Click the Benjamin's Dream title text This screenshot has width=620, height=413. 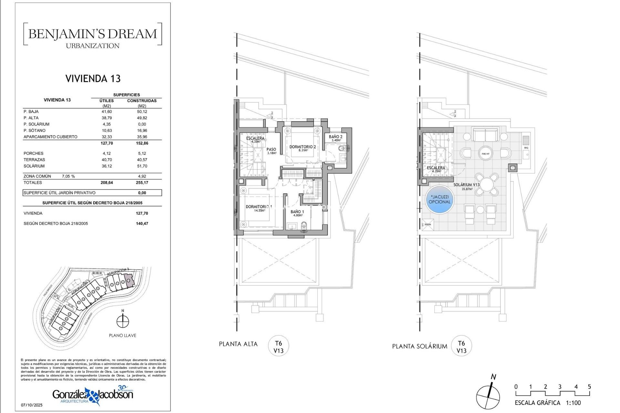93,34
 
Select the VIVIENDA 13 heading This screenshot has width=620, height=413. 93,78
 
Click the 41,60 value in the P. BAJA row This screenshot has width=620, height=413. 107,112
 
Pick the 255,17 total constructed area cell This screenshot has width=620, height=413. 142,183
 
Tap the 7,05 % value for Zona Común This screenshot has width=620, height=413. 68,176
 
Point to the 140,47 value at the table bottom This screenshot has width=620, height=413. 142,224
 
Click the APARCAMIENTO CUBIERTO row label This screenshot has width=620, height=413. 50,137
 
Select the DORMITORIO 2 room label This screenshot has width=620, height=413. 303,147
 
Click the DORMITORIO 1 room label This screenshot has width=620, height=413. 259,207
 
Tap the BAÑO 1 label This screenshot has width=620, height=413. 297,212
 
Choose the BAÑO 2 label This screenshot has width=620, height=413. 336,137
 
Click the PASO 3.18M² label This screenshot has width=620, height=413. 271,151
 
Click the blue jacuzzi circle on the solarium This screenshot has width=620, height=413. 439,200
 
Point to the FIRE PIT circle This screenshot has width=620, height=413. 485,154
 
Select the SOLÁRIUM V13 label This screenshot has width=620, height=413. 466,185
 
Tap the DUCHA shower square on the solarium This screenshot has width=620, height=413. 428,225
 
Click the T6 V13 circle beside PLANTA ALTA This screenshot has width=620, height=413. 278,347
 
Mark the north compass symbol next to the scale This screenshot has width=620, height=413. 488,397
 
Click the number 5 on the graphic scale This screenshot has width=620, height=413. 589,387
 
